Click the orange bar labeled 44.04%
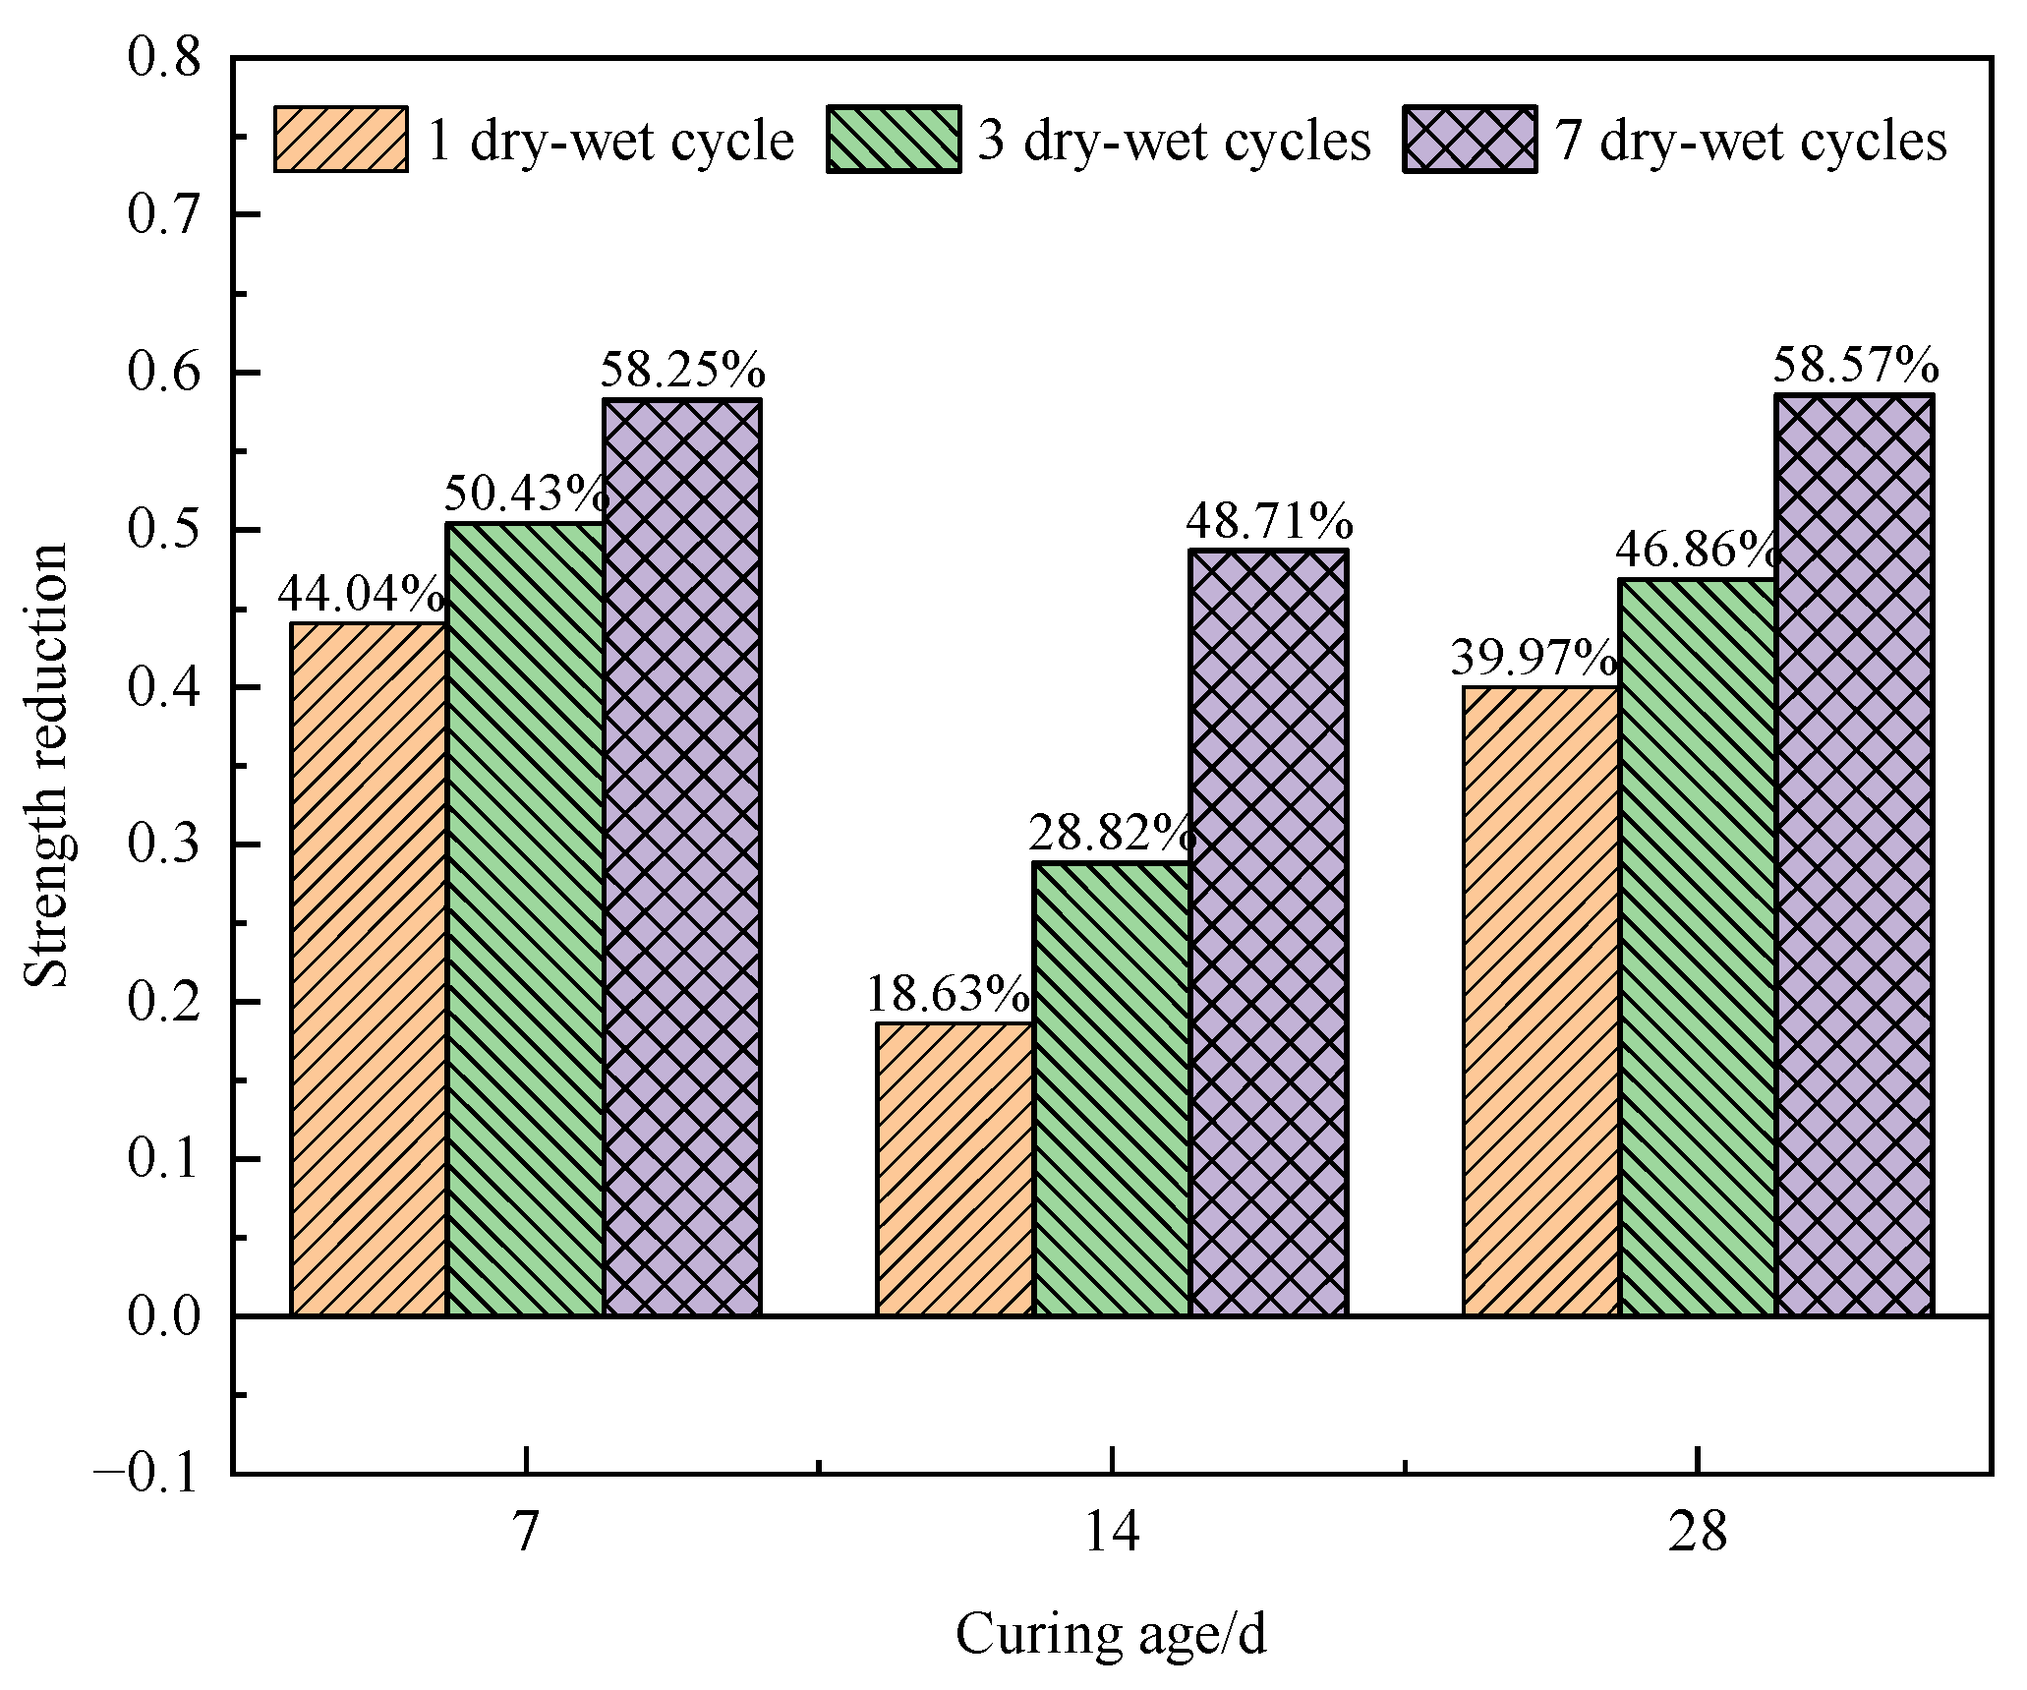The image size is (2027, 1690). pyautogui.click(x=369, y=968)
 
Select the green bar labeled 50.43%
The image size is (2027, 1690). pyautogui.click(x=525, y=918)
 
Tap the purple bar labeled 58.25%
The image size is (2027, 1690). pyautogui.click(x=682, y=857)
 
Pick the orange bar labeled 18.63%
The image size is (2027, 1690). pyautogui.click(x=955, y=1169)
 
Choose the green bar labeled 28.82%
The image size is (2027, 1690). pyautogui.click(x=1112, y=1088)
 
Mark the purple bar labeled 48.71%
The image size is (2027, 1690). pyautogui.click(x=1268, y=932)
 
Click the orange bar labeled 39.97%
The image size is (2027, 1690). pyautogui.click(x=1541, y=1001)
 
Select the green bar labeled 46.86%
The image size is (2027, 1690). pyautogui.click(x=1698, y=947)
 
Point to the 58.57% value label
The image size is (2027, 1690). pyautogui.click(x=1855, y=366)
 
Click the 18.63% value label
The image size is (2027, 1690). pyautogui.click(x=948, y=994)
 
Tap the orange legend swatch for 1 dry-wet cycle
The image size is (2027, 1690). pyautogui.click(x=341, y=140)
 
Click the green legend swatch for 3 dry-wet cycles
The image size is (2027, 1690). pyautogui.click(x=894, y=140)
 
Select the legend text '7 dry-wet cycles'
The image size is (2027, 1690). pyautogui.click(x=1751, y=141)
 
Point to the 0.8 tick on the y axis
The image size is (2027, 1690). pyautogui.click(x=164, y=57)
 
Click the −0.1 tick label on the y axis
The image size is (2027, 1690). pyautogui.click(x=147, y=1474)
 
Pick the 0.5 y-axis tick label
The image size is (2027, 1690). pyautogui.click(x=164, y=529)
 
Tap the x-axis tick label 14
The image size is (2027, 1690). pyautogui.click(x=1112, y=1532)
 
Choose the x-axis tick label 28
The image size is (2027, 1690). pyautogui.click(x=1698, y=1532)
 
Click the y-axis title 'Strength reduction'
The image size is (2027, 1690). pyautogui.click(x=46, y=765)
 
